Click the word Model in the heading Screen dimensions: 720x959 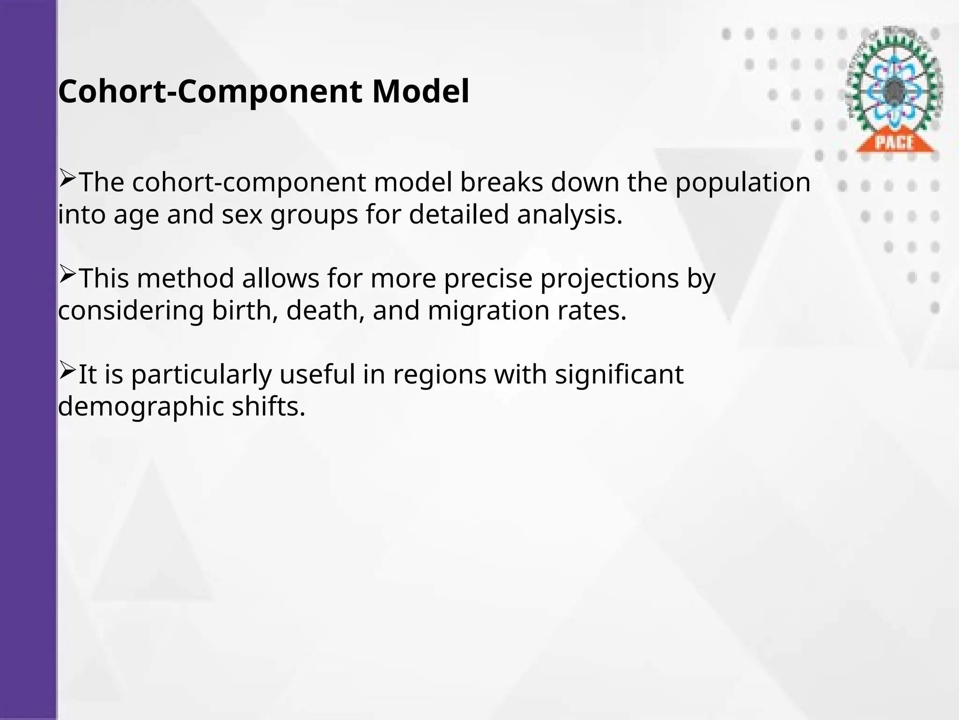click(x=420, y=91)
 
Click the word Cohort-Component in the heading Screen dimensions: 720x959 click(x=210, y=91)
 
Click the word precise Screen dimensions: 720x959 click(x=488, y=278)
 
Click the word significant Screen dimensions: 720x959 click(x=619, y=375)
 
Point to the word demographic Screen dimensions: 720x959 click(x=141, y=406)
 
